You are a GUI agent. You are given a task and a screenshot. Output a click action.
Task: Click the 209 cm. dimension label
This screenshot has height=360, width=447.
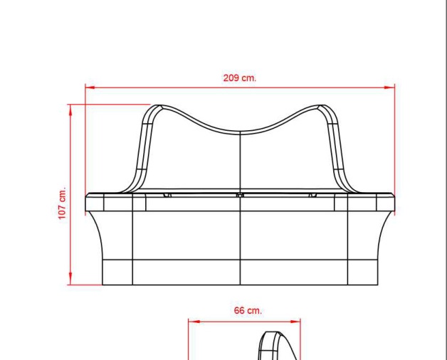click(x=240, y=78)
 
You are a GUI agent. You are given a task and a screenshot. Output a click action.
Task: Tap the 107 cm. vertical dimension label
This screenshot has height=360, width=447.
click(x=63, y=203)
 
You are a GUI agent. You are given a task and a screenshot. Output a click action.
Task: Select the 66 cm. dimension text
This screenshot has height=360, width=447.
click(x=248, y=310)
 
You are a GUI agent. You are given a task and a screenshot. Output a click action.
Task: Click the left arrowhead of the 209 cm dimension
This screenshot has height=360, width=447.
click(x=90, y=88)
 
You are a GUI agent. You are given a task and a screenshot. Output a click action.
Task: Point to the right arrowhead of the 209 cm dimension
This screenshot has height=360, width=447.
click(x=389, y=88)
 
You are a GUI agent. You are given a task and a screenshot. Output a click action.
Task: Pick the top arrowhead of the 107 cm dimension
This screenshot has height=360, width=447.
click(x=70, y=110)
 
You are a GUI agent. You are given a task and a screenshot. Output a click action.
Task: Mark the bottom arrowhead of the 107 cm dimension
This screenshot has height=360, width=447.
click(x=70, y=279)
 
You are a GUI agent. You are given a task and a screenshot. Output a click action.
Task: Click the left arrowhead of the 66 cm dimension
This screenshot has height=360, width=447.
click(x=194, y=322)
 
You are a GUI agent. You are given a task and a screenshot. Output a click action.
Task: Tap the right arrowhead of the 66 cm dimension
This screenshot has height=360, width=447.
click(x=295, y=322)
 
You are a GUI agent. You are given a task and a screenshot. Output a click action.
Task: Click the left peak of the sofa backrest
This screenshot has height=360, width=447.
click(x=158, y=106)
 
